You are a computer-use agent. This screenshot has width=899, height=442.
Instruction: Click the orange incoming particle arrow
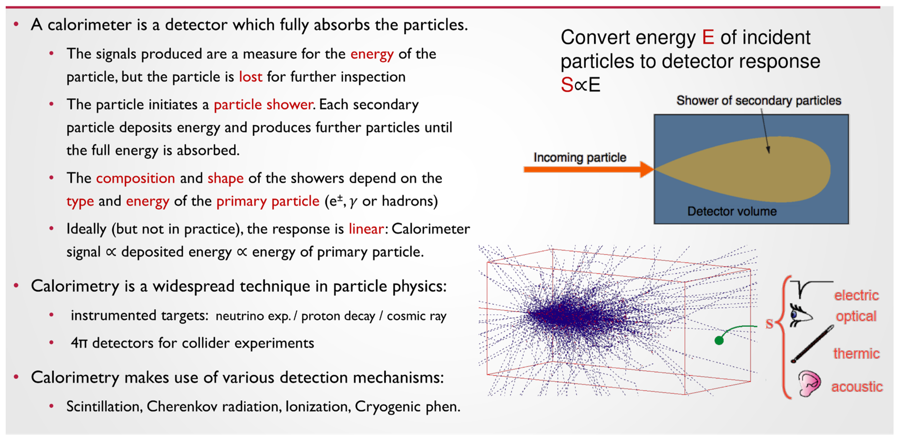[x=589, y=170]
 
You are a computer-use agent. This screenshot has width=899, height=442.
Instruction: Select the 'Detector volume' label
[x=732, y=211]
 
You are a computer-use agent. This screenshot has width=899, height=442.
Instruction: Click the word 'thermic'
[x=856, y=354]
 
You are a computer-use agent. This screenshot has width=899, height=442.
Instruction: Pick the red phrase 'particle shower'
[x=263, y=105]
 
